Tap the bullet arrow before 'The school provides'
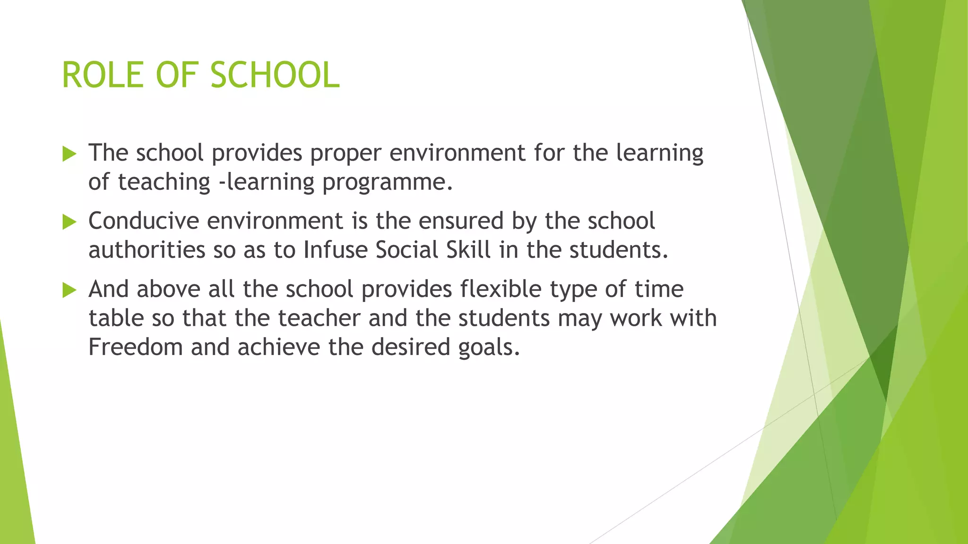(x=69, y=153)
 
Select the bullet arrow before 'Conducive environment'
(x=69, y=221)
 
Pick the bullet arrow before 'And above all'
(x=69, y=290)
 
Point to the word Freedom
(x=135, y=347)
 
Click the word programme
(x=384, y=183)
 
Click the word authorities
(x=147, y=250)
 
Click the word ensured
(x=461, y=221)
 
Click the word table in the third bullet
(x=116, y=318)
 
